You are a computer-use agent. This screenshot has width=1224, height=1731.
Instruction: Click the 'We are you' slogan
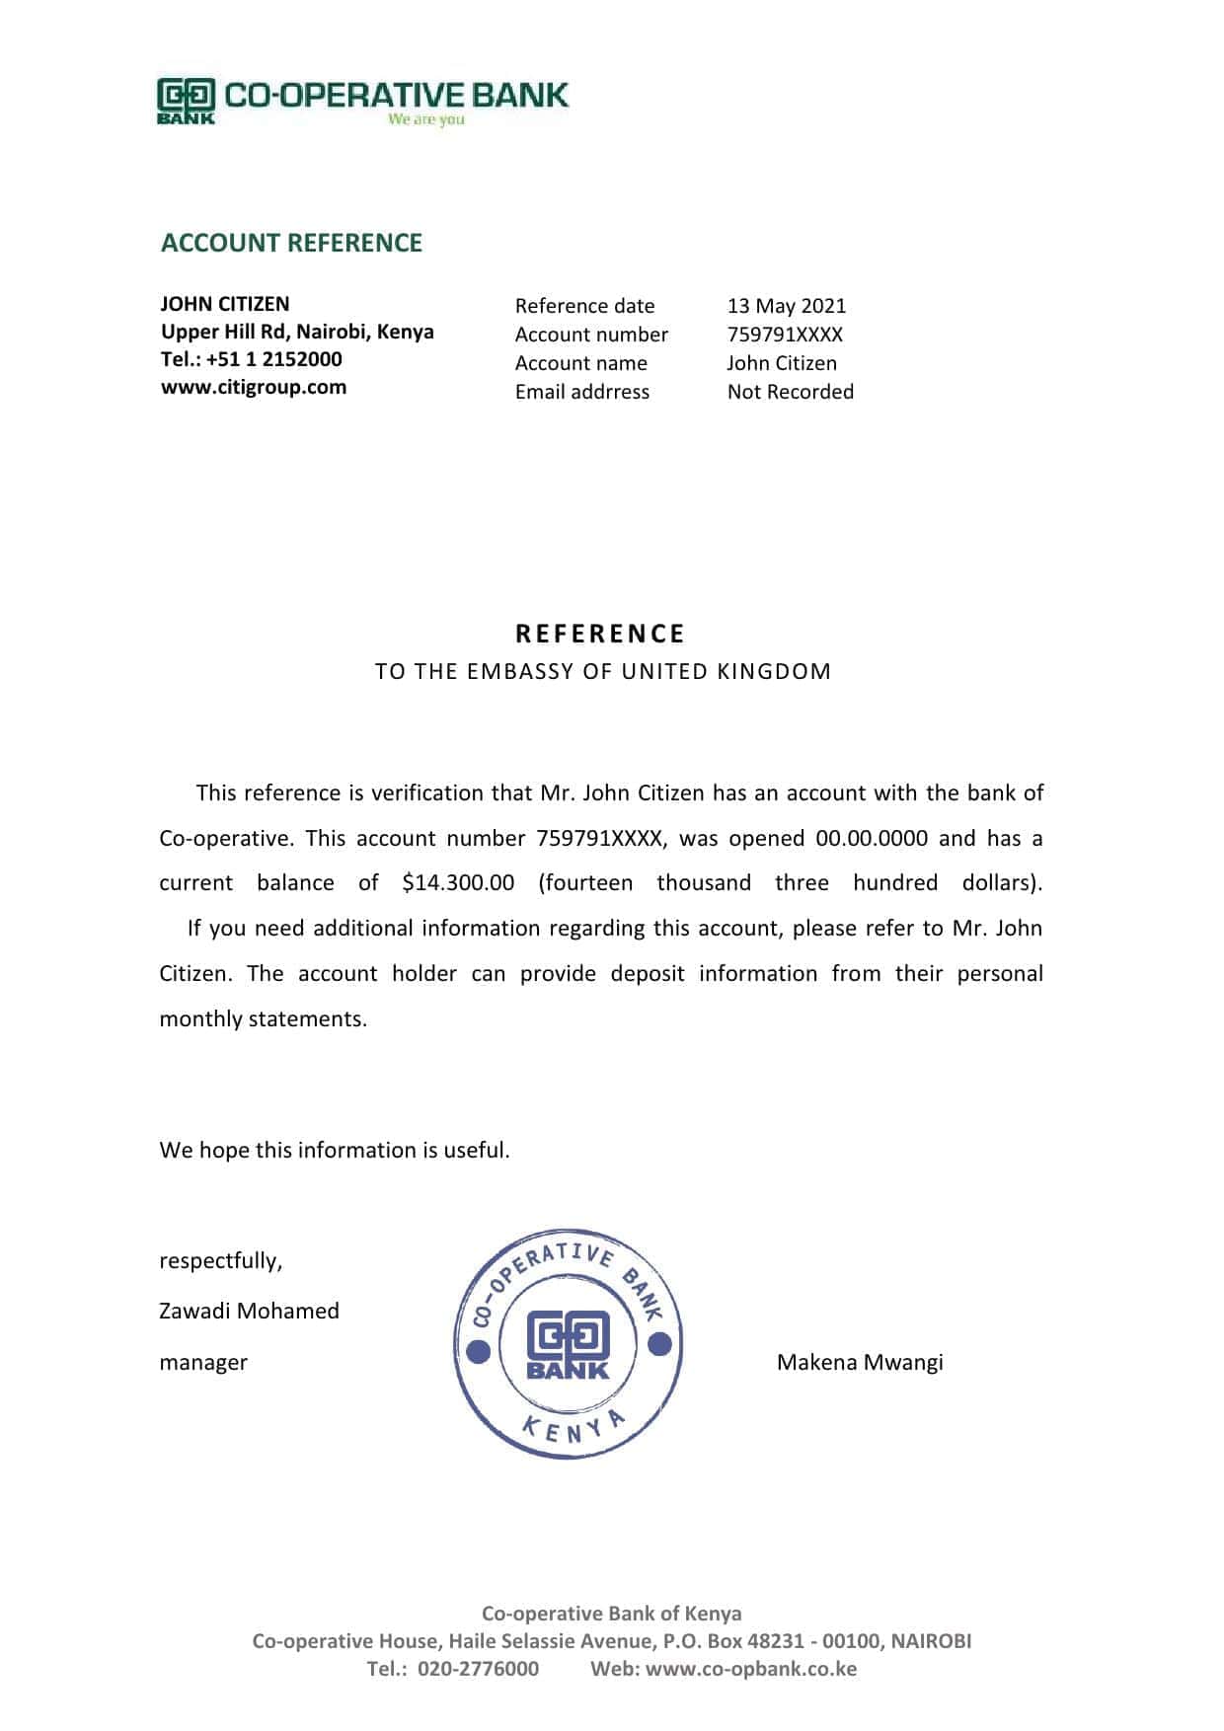425,119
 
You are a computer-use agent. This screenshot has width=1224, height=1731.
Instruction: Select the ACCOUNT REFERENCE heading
291,243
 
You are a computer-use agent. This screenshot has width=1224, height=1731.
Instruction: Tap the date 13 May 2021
787,306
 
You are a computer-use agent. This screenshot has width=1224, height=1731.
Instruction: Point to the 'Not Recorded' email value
790,392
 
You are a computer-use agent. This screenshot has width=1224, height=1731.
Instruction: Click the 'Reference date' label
584,306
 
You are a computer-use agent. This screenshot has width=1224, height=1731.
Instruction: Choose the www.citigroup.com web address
254,387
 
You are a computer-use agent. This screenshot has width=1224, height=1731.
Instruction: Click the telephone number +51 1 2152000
274,359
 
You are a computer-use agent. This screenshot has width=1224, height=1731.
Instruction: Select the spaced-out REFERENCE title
600,634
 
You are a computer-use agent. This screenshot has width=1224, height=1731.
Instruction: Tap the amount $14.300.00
458,883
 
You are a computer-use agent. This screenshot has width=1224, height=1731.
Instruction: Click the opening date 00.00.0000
872,839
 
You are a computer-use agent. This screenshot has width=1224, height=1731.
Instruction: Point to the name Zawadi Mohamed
249,1311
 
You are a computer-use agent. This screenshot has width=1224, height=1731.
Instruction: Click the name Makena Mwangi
860,1362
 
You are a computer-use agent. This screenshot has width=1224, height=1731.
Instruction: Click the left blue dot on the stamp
479,1349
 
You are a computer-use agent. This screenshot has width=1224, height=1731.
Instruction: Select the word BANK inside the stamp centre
568,1370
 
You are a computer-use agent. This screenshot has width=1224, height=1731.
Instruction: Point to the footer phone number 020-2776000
478,1669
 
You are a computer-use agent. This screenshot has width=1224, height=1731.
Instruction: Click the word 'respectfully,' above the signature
221,1260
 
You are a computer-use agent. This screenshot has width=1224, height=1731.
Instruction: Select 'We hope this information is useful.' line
335,1150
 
